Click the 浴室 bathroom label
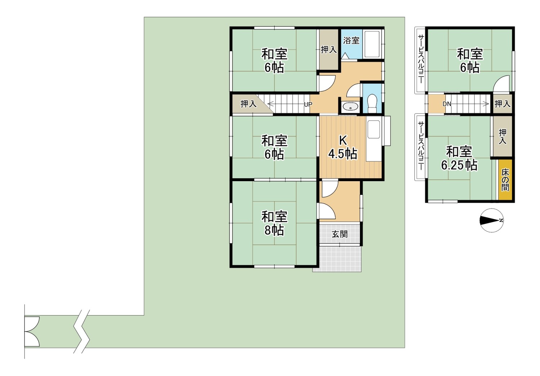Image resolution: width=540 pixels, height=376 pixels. pos(351,41)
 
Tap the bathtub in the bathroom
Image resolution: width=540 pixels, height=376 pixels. pos(372,44)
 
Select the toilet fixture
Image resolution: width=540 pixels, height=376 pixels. pos(373,103)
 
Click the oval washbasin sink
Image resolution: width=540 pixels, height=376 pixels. pos(350,106)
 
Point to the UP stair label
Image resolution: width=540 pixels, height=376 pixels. pos(308,104)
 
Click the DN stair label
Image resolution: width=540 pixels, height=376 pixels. pos(447,104)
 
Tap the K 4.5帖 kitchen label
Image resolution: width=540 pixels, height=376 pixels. pos(343,147)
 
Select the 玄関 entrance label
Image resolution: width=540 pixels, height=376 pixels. pos(340,234)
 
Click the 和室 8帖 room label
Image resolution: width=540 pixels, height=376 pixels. pos(274,223)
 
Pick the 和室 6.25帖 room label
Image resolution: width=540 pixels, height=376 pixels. pos(459,158)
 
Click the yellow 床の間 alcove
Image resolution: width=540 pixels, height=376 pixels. pos(505,180)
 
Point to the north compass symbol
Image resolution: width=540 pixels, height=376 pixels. pos(491,220)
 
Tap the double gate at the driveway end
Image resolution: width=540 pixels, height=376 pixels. pos(32,331)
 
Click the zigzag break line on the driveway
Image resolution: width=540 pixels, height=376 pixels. pos(82,331)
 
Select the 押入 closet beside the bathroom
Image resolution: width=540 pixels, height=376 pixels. pos(329,50)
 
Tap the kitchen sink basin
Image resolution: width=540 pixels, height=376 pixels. pos(374,129)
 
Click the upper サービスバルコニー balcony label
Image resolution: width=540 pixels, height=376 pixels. pos(421,59)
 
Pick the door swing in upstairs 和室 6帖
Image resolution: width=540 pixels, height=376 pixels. pos(501,84)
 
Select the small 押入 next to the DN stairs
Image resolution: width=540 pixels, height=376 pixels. pos(503,104)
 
